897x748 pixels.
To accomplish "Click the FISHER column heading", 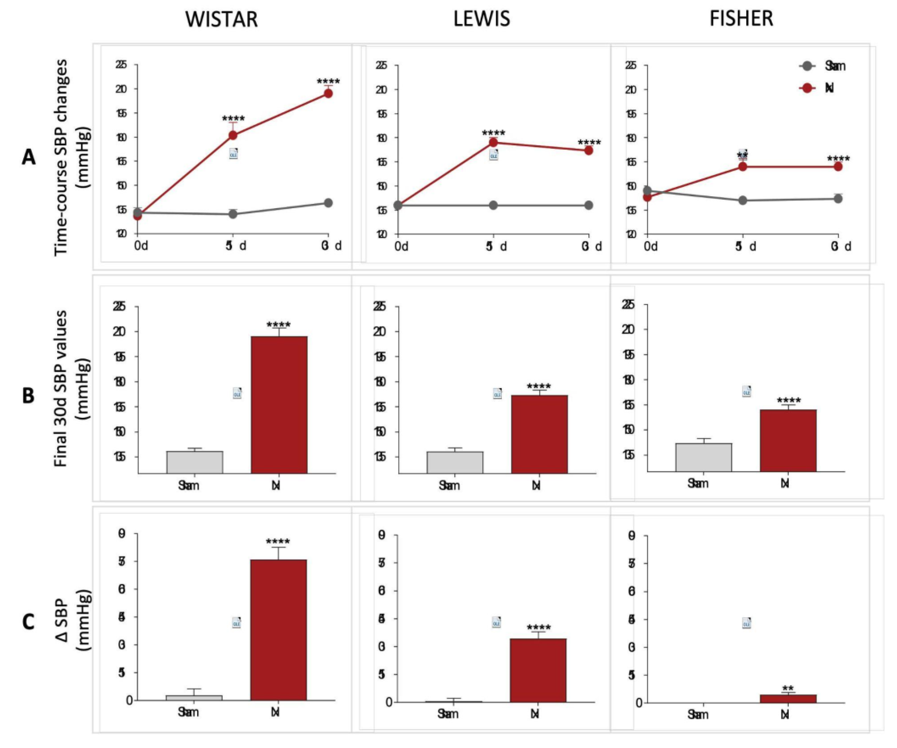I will (x=741, y=19).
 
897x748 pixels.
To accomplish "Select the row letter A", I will (x=28, y=157).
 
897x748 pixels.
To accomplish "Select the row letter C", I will (x=28, y=622).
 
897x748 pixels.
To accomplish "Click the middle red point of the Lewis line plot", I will (x=493, y=142).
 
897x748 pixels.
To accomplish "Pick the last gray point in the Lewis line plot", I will (x=588, y=205).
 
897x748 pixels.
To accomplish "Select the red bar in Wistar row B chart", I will (x=279, y=405).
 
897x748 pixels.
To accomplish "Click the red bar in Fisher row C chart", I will (x=788, y=699).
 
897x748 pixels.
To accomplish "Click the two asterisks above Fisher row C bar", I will (x=788, y=689).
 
